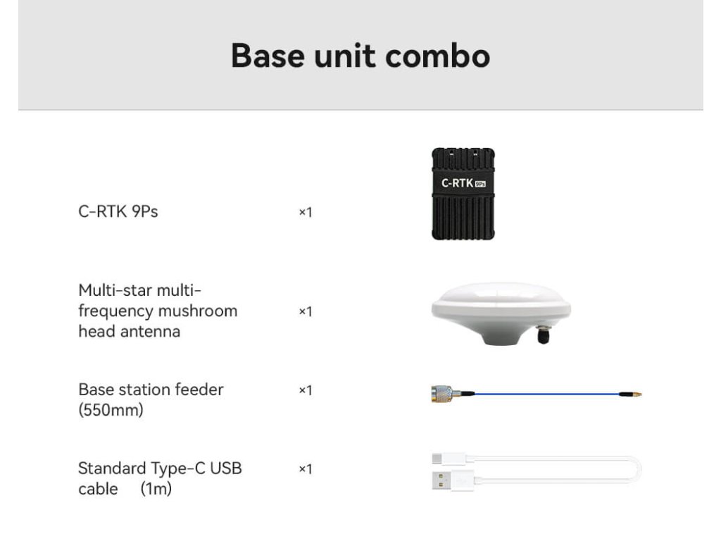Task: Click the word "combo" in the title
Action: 437,56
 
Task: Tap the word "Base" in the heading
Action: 268,56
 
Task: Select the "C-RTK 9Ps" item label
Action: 118,211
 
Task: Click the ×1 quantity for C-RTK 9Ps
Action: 306,212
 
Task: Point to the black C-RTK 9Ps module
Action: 463,194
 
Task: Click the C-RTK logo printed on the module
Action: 463,183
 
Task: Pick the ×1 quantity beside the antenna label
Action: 306,311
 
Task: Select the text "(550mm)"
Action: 111,410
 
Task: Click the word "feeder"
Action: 199,390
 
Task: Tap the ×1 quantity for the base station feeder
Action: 306,390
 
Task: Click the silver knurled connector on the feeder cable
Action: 442,394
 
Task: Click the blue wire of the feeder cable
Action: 546,394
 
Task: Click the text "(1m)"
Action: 156,489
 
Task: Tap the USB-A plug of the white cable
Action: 453,480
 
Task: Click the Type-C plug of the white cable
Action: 449,458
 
